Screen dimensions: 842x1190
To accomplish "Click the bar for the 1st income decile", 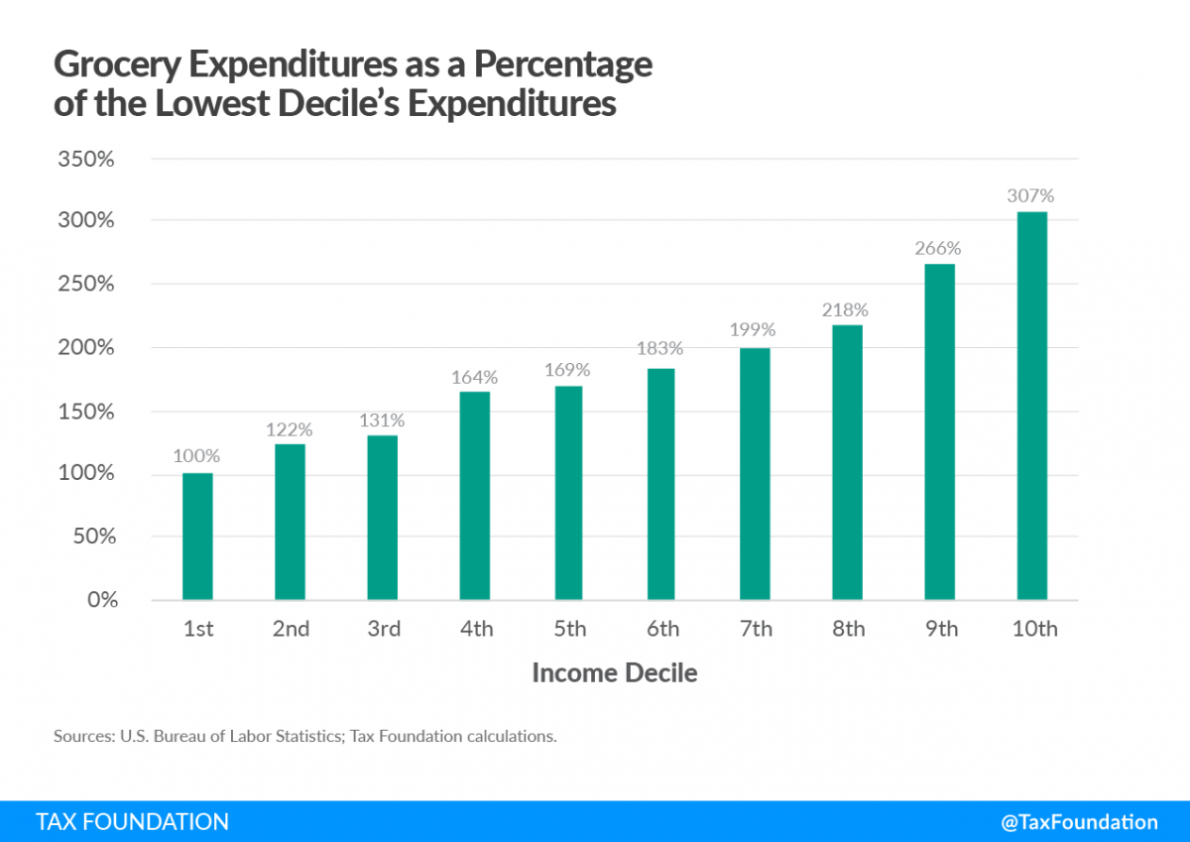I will pos(197,537).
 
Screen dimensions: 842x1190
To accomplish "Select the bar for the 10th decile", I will pos(1032,406).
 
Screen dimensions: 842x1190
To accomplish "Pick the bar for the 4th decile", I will pos(475,496).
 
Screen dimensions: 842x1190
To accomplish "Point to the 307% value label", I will pos(1032,195).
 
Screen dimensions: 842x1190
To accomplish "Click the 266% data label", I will pos(939,248).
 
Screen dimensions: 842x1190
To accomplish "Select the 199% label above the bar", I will pos(754,330).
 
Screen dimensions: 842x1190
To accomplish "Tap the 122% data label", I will pos(290,428).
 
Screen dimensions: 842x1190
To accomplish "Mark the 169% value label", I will pos(568,370).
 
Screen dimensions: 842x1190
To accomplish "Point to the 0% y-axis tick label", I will pos(102,600).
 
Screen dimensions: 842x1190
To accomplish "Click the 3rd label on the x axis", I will pos(383,630).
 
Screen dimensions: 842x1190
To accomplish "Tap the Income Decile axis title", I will pos(615,673).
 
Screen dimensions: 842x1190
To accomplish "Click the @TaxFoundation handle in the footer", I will pos(1079,822).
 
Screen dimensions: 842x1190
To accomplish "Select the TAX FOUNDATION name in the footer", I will pos(132,822).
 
